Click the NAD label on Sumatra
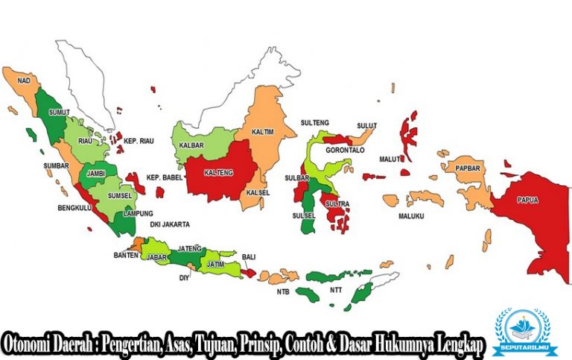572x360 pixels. pyautogui.click(x=24, y=79)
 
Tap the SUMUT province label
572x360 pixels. pyautogui.click(x=58, y=113)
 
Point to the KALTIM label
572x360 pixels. pyautogui.click(x=261, y=131)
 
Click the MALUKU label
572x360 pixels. pyautogui.click(x=411, y=216)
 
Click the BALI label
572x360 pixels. pyautogui.click(x=248, y=258)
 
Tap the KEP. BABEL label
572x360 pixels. pyautogui.click(x=164, y=177)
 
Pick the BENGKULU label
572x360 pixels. pyautogui.click(x=74, y=208)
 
